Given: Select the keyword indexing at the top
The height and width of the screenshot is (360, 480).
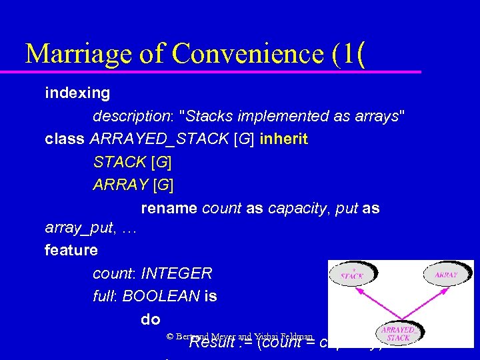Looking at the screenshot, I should coord(77,93).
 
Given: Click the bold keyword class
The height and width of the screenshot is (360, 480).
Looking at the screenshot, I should coord(65,139).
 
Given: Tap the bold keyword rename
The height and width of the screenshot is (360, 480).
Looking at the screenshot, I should coord(169,208).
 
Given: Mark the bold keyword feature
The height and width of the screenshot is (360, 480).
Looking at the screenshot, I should coord(71,251).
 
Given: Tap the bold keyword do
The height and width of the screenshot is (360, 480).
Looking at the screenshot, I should coord(151,319).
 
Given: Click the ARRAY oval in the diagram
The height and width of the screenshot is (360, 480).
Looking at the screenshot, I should coord(446,274).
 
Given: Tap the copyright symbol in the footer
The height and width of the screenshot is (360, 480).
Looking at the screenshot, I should coord(170,338).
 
